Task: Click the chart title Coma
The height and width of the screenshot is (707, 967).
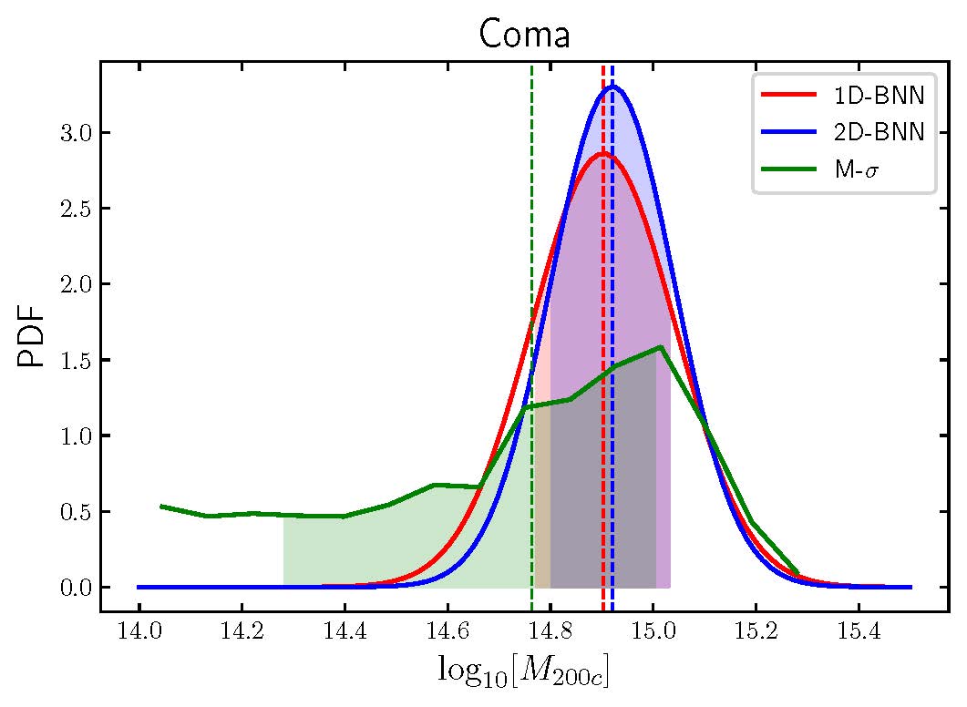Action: [x=524, y=35]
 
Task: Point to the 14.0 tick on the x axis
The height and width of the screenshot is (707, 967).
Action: [x=139, y=633]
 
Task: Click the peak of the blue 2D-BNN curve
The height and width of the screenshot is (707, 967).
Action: [x=614, y=87]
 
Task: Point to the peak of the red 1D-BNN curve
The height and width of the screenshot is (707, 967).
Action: [x=602, y=153]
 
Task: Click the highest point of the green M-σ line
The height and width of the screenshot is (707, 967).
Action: [x=660, y=346]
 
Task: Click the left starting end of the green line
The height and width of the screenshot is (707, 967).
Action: [x=160, y=506]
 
